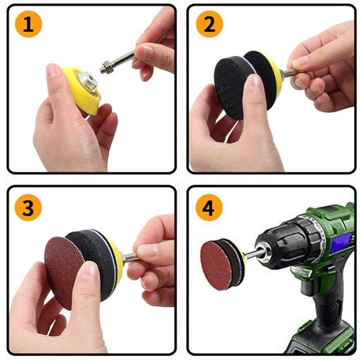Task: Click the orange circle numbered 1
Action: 28,24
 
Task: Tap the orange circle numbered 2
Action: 209,24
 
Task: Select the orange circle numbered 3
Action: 28,207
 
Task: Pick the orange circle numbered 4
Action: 209,207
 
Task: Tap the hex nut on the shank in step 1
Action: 106,67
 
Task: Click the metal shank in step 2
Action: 287,73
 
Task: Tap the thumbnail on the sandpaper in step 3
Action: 88,270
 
